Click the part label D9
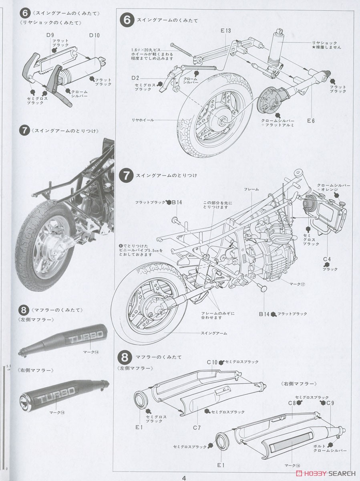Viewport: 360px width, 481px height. tap(50, 35)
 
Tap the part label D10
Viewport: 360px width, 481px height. tap(95, 35)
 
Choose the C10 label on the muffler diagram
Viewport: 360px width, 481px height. tap(212, 362)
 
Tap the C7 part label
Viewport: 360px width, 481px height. tap(196, 427)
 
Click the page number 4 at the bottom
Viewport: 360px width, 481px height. tap(184, 477)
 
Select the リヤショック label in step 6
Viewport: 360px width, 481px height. tap(324, 42)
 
